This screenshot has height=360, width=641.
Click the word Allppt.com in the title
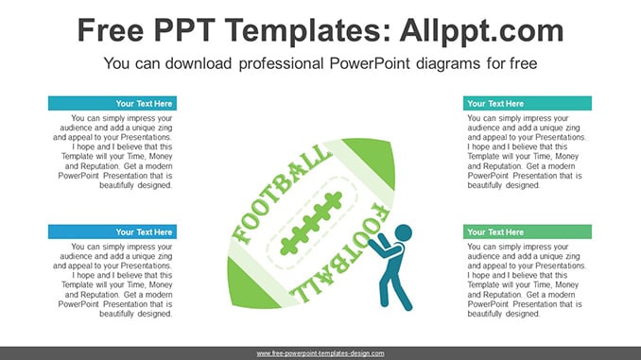pos(481,31)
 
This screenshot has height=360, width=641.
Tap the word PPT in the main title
pos(184,30)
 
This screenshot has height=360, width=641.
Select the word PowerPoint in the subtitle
pos(370,63)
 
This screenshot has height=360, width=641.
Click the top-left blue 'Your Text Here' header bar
pos(113,103)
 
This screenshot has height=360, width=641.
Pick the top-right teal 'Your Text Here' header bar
pos(528,103)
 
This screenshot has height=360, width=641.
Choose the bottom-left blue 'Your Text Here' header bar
pos(113,231)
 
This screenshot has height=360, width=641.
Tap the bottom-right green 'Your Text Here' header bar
pos(528,231)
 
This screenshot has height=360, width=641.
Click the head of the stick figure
pos(404,233)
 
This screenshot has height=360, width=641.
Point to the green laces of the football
pos(311,223)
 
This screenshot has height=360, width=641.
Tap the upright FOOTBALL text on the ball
pos(282,193)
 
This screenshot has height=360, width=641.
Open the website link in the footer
pos(320,353)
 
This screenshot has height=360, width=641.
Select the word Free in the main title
pos(111,30)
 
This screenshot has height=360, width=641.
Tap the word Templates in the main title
pos(303,31)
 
